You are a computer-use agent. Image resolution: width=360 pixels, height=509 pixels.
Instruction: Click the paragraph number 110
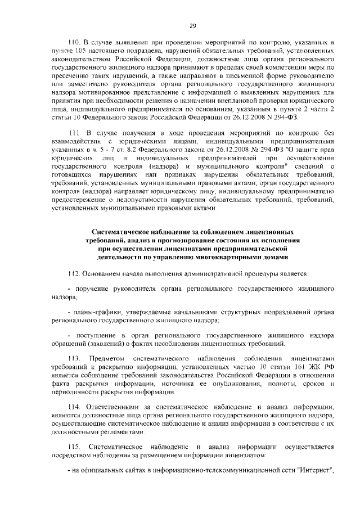[x=74, y=43]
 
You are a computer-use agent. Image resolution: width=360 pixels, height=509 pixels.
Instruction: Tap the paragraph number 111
[x=74, y=133]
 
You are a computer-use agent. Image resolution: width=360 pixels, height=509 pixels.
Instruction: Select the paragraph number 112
[x=74, y=274]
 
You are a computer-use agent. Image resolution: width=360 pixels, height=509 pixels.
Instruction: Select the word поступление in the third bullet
[x=92, y=336]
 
